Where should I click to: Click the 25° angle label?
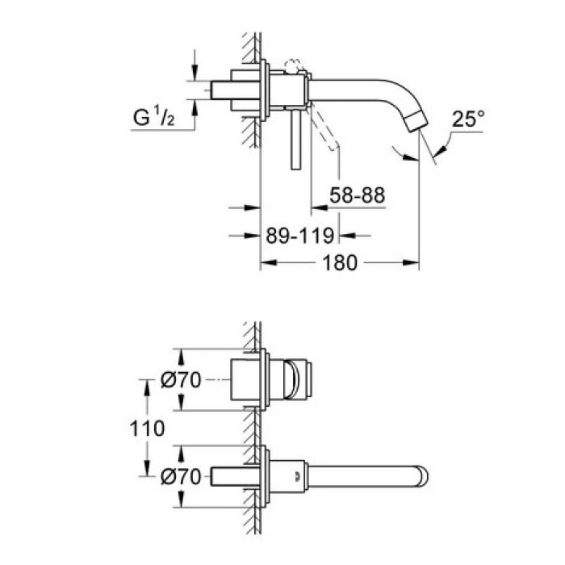tap(470, 119)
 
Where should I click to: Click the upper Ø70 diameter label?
tap(181, 380)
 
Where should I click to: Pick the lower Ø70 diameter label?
tap(181, 477)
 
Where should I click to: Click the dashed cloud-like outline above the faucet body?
tap(292, 67)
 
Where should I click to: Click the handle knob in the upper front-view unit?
tap(301, 380)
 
